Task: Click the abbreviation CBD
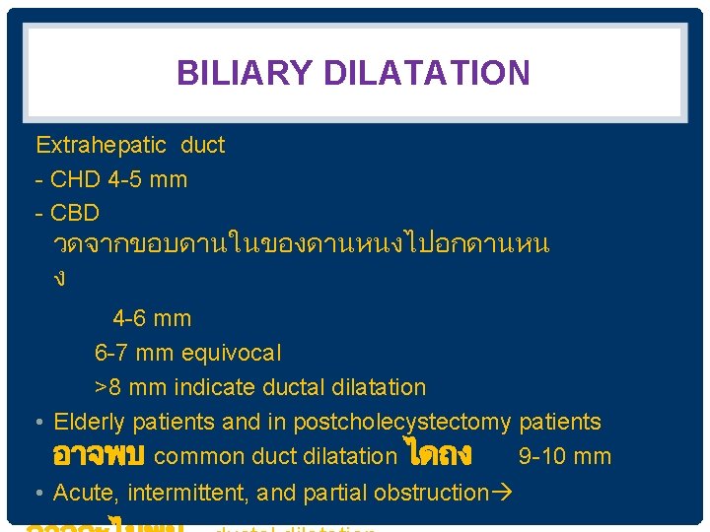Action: pos(75,214)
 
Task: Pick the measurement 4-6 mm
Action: pos(152,319)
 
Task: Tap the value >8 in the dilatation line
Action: pos(106,387)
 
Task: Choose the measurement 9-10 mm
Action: pos(564,457)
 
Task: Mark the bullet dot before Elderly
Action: pos(36,423)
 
